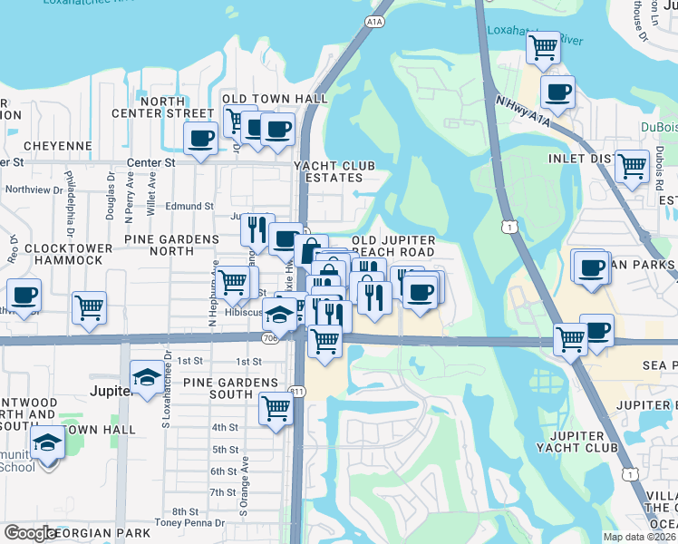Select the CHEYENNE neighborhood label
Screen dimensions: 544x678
(x=58, y=145)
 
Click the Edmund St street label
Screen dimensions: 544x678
(x=189, y=207)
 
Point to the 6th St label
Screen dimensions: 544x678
(x=224, y=471)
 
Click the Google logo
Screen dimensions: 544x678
(x=32, y=533)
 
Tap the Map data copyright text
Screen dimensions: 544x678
(x=640, y=537)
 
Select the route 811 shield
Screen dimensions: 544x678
(x=296, y=392)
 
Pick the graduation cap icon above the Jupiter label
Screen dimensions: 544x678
(x=147, y=375)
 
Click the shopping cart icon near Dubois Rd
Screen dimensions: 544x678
(x=631, y=166)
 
